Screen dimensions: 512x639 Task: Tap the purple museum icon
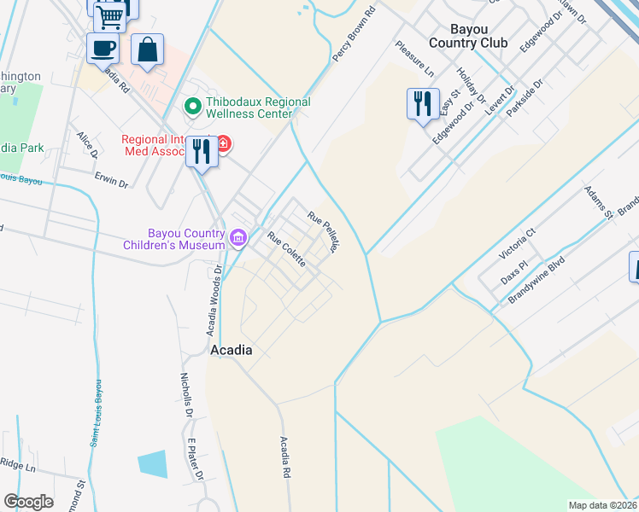pos(238,236)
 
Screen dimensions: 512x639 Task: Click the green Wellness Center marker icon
pos(193,108)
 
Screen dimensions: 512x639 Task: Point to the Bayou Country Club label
pos(468,36)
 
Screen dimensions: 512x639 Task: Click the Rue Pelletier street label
pos(325,232)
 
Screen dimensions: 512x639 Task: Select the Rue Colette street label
pos(286,249)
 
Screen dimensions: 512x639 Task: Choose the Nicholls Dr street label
pos(187,393)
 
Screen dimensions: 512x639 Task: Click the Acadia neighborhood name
pos(231,350)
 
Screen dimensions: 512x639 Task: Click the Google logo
pos(28,502)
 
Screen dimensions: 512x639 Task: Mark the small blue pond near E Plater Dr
pos(152,464)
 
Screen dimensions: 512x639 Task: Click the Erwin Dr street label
pos(111,182)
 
